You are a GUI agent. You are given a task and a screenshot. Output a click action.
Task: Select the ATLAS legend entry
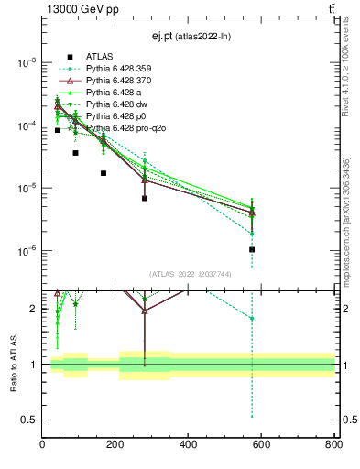(x=101, y=57)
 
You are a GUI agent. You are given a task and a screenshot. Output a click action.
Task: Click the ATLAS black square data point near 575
(x=252, y=249)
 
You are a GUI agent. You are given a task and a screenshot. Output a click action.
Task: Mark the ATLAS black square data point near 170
(x=104, y=173)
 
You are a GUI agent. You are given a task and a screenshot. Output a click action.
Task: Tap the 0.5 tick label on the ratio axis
(x=31, y=420)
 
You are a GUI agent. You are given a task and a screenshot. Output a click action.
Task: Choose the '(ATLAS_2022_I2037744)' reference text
(x=189, y=274)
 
